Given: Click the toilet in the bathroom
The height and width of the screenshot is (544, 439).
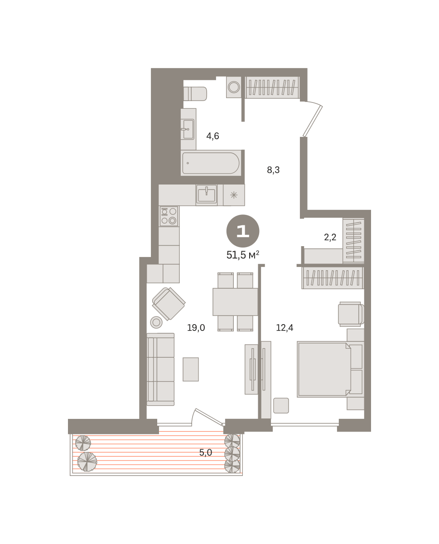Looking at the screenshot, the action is (195, 94).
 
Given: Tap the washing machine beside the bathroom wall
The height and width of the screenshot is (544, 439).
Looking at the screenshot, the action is (233, 87).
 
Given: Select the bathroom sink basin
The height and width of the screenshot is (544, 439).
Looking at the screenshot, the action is (188, 129).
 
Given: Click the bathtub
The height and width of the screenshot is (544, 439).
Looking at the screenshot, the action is (211, 163).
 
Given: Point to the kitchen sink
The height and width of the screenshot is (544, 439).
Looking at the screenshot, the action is (207, 195).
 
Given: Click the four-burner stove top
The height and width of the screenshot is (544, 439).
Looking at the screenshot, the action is (169, 216).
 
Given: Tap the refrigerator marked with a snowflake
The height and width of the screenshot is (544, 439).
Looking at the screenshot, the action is (234, 195).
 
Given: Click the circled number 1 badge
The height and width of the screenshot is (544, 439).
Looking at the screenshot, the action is (243, 231).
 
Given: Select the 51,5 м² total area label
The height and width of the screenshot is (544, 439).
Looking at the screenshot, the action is (243, 255).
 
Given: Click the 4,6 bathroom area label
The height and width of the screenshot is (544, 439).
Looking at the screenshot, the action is (212, 136).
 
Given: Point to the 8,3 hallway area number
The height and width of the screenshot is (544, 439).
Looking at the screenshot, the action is (273, 170).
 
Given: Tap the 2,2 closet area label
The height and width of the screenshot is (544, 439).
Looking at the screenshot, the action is (330, 237).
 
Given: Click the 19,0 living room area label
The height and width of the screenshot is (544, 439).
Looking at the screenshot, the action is (196, 327).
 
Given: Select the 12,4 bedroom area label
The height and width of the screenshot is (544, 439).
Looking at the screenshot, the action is (285, 327).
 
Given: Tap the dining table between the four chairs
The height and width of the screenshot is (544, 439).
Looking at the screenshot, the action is (235, 302).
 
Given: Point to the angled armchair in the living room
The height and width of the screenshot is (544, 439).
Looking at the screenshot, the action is (169, 304).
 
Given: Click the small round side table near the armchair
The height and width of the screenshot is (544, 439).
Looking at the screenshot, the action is (156, 322).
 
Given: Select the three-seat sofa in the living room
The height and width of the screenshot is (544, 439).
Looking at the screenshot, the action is (160, 369).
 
